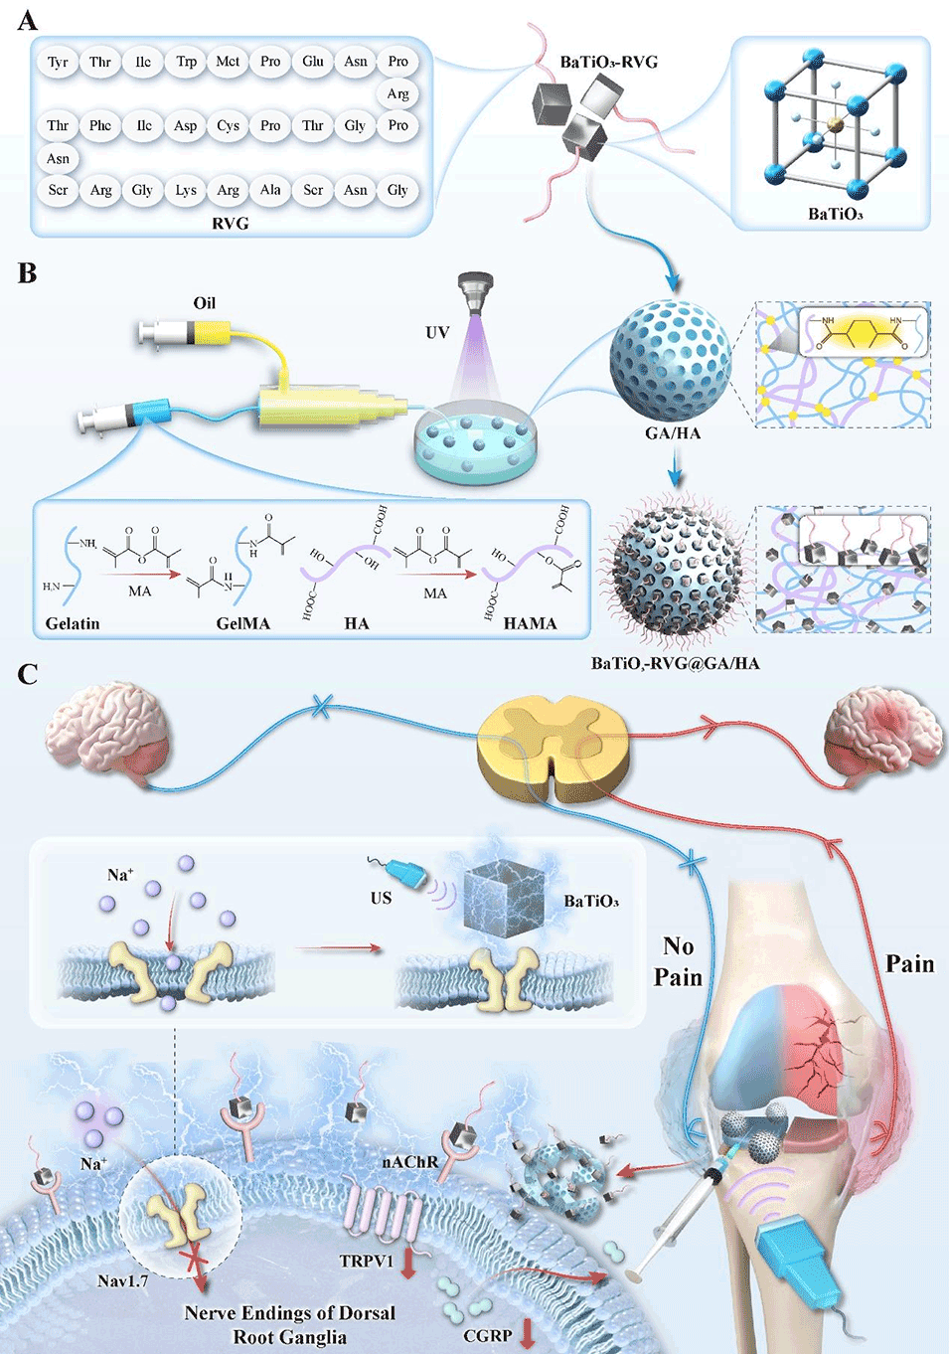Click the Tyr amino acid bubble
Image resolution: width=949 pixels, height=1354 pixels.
58,62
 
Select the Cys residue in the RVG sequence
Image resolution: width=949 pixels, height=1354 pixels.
228,126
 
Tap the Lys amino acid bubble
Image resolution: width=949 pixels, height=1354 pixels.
186,190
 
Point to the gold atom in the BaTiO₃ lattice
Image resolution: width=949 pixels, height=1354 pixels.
836,123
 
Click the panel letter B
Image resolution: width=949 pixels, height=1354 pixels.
27,273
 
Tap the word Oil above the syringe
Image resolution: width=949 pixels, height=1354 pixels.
204,303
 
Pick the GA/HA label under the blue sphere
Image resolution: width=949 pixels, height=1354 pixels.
673,433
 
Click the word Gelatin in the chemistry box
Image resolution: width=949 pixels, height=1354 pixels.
73,623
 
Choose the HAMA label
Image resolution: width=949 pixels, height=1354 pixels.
530,623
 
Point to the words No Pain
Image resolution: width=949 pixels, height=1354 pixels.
679,961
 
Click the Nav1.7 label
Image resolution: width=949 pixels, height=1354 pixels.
122,1280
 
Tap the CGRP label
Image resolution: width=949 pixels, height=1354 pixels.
488,1335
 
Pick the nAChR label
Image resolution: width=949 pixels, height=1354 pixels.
409,1161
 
